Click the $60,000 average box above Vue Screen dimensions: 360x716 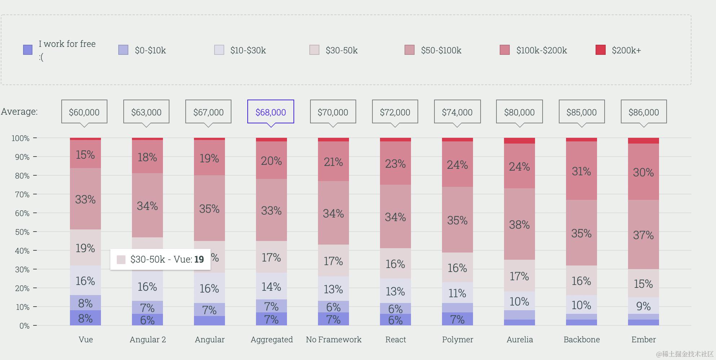[x=84, y=112]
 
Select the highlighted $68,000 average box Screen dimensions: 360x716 [x=271, y=112]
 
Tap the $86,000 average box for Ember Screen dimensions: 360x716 [x=644, y=112]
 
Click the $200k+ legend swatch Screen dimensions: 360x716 [x=600, y=50]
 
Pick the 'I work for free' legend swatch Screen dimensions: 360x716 [x=28, y=50]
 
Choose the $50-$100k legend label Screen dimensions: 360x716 [x=441, y=50]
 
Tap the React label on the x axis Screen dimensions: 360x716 [x=395, y=339]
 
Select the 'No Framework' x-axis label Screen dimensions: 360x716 [x=333, y=339]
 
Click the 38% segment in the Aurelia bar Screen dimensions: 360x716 [x=519, y=224]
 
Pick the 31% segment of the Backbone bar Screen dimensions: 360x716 [x=581, y=171]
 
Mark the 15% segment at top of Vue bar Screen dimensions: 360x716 [x=85, y=155]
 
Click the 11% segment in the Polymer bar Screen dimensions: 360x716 [x=457, y=293]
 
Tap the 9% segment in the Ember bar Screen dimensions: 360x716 [x=643, y=306]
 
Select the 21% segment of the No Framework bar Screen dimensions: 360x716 [x=333, y=162]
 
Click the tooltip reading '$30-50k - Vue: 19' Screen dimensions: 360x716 [x=160, y=259]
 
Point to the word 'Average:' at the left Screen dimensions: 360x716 [x=19, y=111]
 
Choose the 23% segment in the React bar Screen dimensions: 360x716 [x=395, y=163]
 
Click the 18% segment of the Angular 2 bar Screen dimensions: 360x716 [x=147, y=157]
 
